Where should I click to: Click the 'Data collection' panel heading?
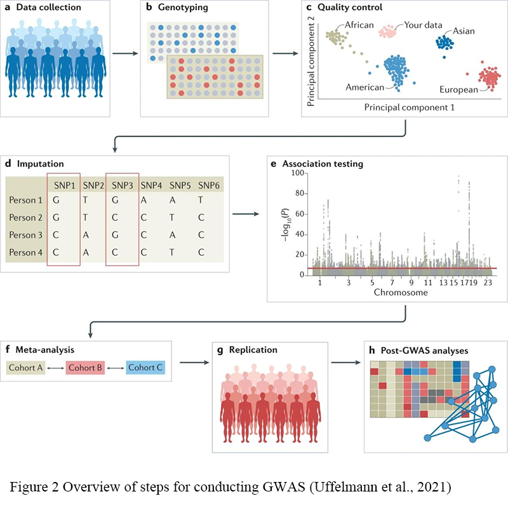coord(49,8)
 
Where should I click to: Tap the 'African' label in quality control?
coord(360,25)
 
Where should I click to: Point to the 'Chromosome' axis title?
coord(399,293)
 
